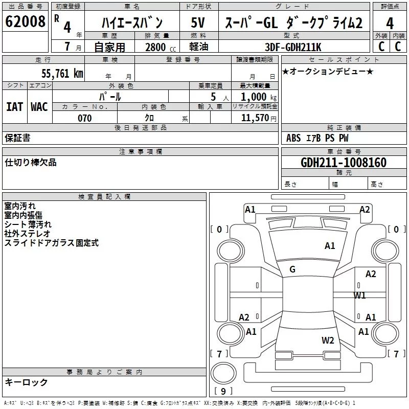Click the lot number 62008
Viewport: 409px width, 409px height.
[x=25, y=22]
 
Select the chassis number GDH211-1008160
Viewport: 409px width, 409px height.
[x=344, y=163]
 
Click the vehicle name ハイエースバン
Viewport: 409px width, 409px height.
[x=131, y=23]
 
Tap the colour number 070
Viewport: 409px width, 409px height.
[x=84, y=118]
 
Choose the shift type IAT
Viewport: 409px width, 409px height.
[x=14, y=106]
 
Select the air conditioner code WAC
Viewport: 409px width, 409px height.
[x=39, y=106]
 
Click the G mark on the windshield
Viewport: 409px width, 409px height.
[x=292, y=269]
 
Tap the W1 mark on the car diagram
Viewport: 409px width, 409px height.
[x=360, y=295]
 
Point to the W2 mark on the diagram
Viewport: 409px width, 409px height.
[x=328, y=340]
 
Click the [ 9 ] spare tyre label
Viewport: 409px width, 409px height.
[x=223, y=391]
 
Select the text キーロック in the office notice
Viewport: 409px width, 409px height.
[x=27, y=382]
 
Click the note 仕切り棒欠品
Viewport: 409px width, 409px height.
[x=31, y=163]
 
